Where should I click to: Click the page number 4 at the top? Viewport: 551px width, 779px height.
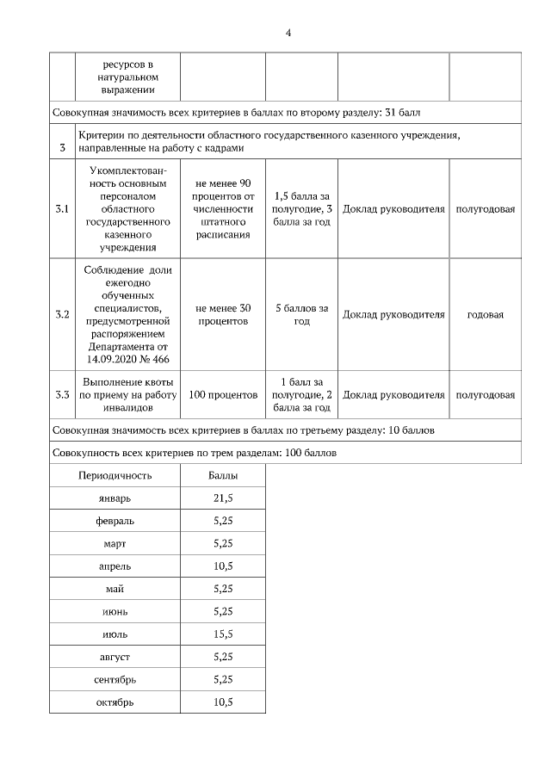[x=288, y=33]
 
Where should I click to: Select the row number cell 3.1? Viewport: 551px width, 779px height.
[x=62, y=209]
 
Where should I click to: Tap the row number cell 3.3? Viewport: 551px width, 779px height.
[x=62, y=395]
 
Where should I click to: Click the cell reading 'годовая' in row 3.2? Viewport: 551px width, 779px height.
[x=485, y=314]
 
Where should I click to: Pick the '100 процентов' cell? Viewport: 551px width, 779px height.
[x=222, y=395]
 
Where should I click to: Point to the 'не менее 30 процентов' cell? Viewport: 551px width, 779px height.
[x=222, y=314]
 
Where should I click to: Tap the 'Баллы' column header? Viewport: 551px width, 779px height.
[x=222, y=475]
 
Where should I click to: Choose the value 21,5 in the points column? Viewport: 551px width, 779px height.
[x=222, y=498]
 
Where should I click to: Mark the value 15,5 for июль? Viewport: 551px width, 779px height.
[x=222, y=634]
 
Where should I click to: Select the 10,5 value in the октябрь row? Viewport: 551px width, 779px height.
[x=222, y=702]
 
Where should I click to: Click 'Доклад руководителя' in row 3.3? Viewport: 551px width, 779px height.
[x=393, y=395]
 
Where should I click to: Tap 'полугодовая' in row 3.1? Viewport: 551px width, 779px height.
[x=485, y=209]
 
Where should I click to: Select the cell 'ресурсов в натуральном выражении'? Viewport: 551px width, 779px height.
[x=128, y=77]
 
